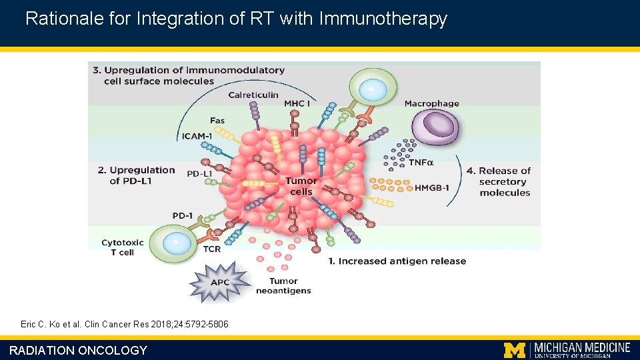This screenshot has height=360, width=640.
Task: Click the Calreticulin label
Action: (x=253, y=95)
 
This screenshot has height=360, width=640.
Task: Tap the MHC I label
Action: (x=295, y=103)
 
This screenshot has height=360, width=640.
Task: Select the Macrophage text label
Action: (x=431, y=103)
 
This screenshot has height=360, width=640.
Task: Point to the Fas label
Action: (x=217, y=121)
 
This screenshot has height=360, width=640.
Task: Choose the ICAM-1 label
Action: (x=197, y=137)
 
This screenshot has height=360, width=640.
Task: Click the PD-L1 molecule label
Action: (x=200, y=174)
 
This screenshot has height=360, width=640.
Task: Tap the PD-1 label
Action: (x=183, y=215)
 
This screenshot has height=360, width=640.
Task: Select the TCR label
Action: (x=211, y=249)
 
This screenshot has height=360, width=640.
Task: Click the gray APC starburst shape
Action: (x=219, y=282)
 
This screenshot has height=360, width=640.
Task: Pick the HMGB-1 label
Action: (x=432, y=188)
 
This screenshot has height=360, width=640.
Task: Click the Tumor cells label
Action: (x=301, y=186)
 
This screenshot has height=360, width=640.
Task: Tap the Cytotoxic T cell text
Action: (x=117, y=247)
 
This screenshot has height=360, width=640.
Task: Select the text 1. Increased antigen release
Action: (x=397, y=261)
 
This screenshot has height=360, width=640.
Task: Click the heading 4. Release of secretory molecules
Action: (x=505, y=181)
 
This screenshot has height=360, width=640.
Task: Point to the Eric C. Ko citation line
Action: (x=125, y=324)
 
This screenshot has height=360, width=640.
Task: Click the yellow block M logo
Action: (x=514, y=349)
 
